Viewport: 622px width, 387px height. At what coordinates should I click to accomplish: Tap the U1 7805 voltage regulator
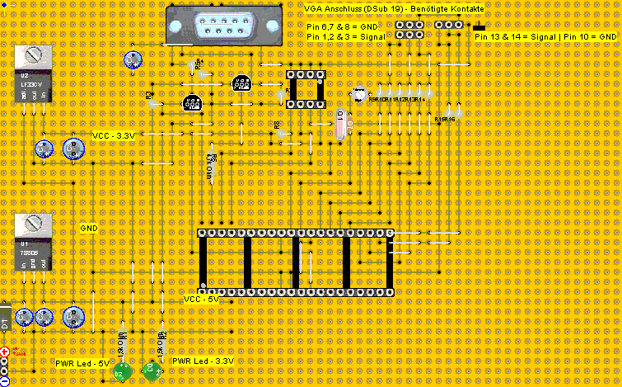(33, 243)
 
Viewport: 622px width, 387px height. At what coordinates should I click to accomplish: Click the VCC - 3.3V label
(113, 135)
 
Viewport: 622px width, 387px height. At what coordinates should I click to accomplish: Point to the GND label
(89, 226)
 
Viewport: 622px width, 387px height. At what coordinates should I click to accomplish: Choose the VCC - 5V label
(201, 300)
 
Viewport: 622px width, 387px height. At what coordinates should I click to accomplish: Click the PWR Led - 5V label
(82, 363)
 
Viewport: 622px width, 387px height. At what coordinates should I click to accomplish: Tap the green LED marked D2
(119, 373)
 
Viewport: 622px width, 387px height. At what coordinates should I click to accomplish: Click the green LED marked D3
(151, 370)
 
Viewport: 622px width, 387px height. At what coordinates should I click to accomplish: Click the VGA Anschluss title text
(394, 7)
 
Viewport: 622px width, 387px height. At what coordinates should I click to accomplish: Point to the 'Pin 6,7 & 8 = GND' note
(341, 26)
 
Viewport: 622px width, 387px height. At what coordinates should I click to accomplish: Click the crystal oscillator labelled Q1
(341, 125)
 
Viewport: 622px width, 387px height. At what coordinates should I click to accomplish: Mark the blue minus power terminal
(4, 380)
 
